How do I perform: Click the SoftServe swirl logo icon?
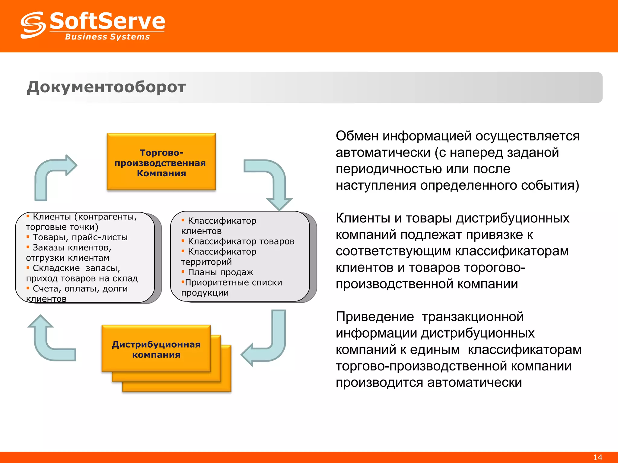click(33, 25)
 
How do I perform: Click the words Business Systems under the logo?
click(107, 37)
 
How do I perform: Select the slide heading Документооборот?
click(106, 87)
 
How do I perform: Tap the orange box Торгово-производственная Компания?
click(161, 162)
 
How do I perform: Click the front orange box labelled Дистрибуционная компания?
click(156, 349)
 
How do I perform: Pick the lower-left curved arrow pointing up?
click(48, 341)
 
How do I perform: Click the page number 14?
click(597, 457)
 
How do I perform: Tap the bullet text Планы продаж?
click(220, 272)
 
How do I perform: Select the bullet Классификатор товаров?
click(241, 241)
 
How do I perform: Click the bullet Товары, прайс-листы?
click(80, 238)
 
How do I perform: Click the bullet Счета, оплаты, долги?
click(80, 289)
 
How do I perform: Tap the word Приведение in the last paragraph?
click(374, 317)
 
